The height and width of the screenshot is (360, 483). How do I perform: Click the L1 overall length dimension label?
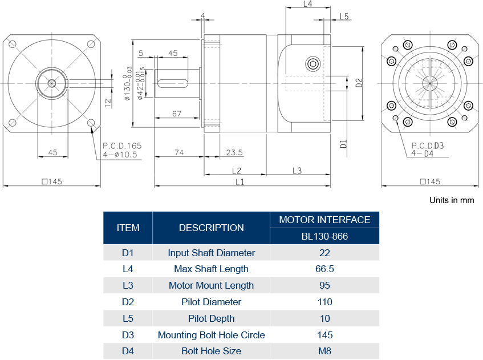240,182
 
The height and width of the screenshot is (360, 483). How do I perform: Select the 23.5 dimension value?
234,152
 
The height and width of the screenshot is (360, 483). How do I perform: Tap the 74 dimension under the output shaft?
178,152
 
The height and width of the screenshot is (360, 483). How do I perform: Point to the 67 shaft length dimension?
177,114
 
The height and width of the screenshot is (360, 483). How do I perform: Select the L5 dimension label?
344,17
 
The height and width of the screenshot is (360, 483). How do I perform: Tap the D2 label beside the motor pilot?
359,82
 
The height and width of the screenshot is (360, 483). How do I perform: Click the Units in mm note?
452,200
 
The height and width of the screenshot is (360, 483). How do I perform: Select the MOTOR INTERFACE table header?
324,220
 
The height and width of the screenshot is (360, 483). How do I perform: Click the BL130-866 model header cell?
324,236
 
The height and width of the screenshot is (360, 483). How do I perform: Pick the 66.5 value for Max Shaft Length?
324,269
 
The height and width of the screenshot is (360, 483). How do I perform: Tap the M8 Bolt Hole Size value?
324,351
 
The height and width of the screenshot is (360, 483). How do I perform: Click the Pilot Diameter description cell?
211,302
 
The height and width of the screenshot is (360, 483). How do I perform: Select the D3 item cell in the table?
128,335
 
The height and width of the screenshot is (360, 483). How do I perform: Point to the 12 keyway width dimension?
107,103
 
